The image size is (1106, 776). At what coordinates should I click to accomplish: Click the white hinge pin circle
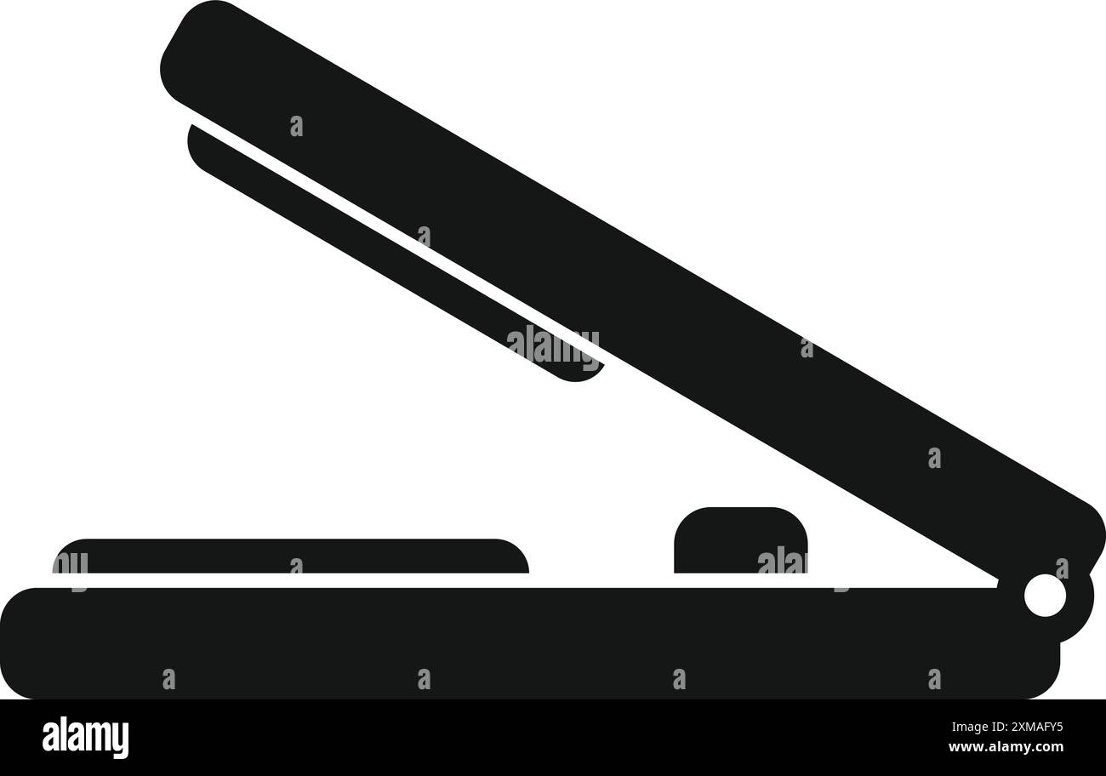pyautogui.click(x=1046, y=596)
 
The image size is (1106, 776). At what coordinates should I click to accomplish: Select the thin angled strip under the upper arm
pyautogui.click(x=395, y=252)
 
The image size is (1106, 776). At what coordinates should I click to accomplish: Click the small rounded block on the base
pyautogui.click(x=741, y=540)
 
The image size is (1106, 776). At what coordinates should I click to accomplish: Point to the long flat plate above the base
pyautogui.click(x=290, y=556)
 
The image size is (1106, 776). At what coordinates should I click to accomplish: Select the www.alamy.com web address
pyautogui.click(x=1006, y=746)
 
